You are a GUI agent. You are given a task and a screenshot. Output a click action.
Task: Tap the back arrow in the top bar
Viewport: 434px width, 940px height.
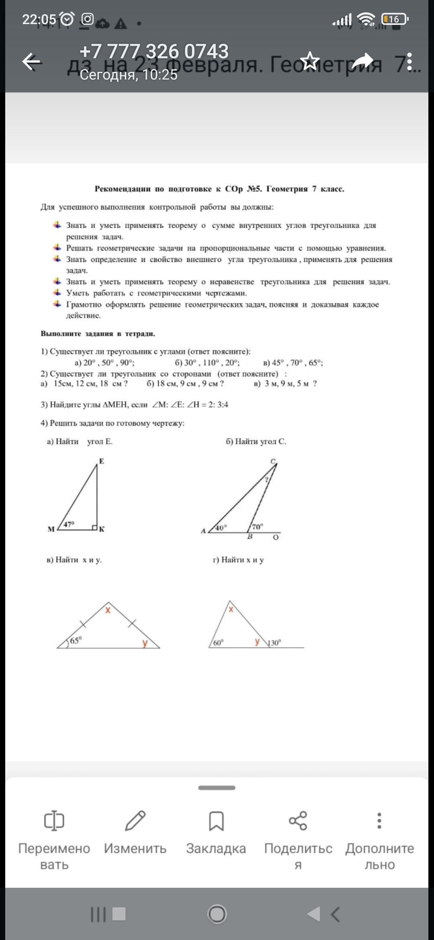point(31,62)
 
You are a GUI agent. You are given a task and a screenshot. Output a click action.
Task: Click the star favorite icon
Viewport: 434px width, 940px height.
point(310,61)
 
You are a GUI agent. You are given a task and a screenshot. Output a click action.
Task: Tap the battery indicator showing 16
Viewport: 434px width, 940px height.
point(395,19)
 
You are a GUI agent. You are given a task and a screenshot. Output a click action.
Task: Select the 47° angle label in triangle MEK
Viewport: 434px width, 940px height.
point(69,524)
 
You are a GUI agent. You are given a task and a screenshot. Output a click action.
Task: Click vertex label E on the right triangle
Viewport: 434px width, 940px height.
point(102,461)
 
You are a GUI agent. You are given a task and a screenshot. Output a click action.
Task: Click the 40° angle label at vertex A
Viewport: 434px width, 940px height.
point(221,527)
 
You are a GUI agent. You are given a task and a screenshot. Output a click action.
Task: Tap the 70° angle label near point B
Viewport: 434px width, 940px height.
point(257,527)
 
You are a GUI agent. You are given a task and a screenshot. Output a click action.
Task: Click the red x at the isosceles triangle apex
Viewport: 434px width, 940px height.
point(108,610)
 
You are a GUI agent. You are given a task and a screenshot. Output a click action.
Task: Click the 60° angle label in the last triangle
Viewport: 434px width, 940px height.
point(218,643)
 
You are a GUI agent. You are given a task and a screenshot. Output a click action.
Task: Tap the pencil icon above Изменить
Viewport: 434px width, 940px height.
point(135,821)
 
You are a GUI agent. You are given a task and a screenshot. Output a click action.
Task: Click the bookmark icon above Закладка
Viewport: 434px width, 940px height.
point(216,821)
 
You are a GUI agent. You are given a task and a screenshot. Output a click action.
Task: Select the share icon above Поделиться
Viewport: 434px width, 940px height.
point(298,821)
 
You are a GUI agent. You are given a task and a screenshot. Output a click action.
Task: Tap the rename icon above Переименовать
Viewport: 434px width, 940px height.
point(54,821)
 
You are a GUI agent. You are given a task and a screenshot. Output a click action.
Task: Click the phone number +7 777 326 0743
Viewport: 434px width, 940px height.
point(154,51)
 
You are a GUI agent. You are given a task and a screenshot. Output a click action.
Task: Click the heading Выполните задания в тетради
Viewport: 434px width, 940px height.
point(98,333)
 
